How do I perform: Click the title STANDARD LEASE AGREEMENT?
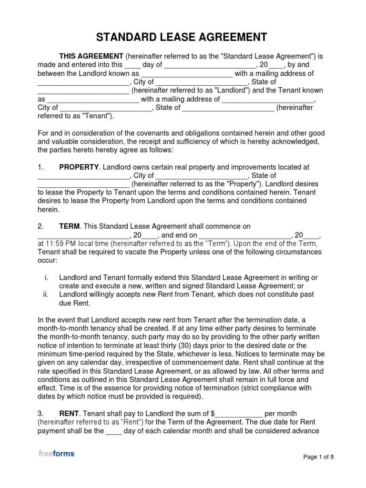[x=183, y=37]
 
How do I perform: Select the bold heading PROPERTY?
[x=79, y=167]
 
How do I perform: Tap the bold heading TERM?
[x=69, y=227]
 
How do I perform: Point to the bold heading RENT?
[x=69, y=414]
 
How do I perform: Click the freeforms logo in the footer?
[x=56, y=454]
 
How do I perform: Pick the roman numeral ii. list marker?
[x=45, y=295]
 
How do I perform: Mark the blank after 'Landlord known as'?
[x=187, y=74]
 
